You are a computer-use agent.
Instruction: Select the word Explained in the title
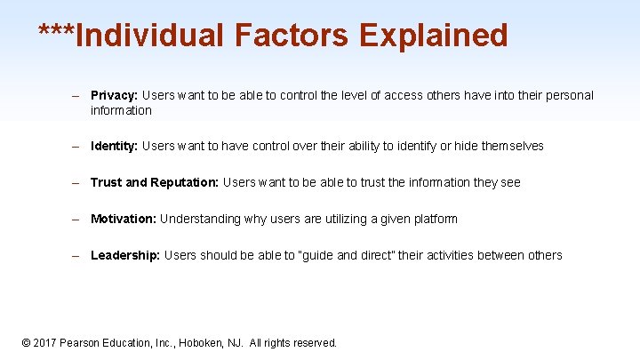434,36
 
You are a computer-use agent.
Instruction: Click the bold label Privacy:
114,95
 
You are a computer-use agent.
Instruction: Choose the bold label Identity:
114,146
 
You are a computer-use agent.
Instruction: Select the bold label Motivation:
124,219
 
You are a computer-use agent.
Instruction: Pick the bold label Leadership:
125,255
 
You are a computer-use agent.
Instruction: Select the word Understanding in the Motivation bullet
200,219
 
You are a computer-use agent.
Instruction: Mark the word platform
433,219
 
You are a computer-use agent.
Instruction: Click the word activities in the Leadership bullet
449,255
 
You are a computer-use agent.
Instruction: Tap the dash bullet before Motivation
78,219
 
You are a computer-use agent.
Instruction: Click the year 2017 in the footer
44,343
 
